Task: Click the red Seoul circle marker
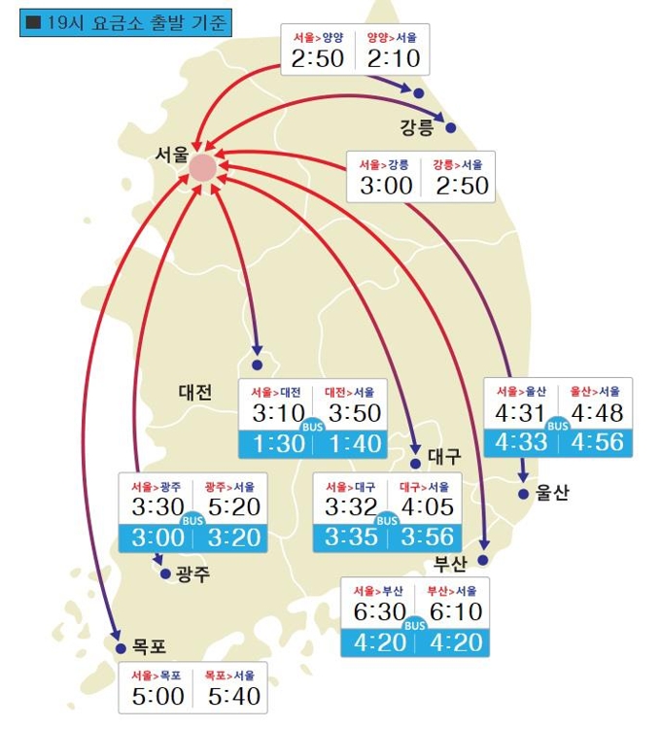pyautogui.click(x=202, y=168)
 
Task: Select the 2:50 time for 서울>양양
pyautogui.click(x=317, y=58)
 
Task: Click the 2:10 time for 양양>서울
pyautogui.click(x=393, y=58)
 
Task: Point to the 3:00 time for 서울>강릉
pyautogui.click(x=386, y=185)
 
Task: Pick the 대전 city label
pyautogui.click(x=194, y=392)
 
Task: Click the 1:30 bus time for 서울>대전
pyautogui.click(x=279, y=443)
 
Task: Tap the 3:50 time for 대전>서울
pyautogui.click(x=355, y=413)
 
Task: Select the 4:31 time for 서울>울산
pyautogui.click(x=522, y=413)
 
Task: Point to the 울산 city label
pyautogui.click(x=551, y=493)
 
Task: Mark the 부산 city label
pyautogui.click(x=451, y=564)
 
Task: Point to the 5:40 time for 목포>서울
pyautogui.click(x=234, y=696)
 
